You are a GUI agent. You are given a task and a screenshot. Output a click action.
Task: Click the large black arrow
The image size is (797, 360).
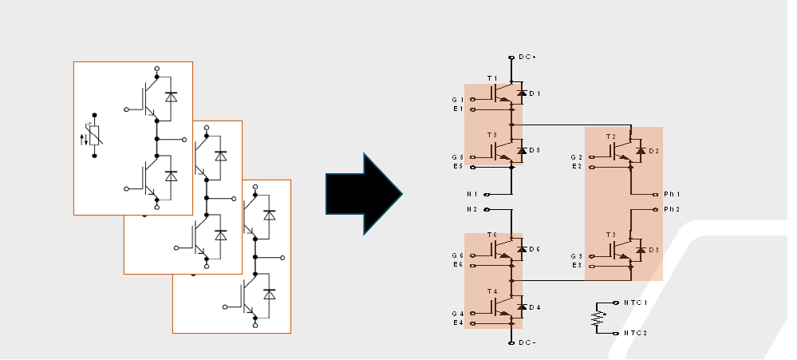[363, 194]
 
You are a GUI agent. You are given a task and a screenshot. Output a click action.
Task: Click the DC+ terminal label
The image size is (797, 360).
[527, 57]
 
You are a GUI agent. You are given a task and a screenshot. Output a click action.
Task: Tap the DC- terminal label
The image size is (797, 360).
[527, 342]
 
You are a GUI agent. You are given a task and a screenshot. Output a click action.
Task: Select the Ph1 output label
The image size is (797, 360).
[672, 194]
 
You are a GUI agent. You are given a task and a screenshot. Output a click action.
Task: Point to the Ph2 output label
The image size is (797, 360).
[672, 209]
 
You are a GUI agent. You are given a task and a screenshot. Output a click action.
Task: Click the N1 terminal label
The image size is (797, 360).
[471, 194]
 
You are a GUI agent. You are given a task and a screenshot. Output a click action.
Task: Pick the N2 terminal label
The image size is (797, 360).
[471, 209]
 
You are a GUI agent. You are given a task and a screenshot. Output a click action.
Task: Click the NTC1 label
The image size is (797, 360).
[635, 303]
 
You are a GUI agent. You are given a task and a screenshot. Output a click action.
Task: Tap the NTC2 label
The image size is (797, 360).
[635, 333]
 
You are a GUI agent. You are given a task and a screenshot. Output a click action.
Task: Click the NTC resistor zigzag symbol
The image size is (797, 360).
[596, 318]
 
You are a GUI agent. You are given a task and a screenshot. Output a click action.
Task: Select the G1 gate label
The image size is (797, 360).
[457, 100]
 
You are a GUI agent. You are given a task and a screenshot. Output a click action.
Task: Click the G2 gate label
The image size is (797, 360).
[576, 157]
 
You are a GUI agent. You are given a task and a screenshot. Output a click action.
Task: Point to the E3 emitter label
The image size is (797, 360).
[576, 264]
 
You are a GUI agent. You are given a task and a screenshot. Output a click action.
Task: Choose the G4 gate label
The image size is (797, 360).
[457, 314]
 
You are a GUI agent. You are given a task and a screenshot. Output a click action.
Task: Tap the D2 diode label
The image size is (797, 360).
[653, 151]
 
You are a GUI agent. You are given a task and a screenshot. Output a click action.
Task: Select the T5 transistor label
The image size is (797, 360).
[492, 135]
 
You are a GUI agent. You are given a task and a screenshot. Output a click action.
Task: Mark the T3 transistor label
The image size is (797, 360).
[611, 235]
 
